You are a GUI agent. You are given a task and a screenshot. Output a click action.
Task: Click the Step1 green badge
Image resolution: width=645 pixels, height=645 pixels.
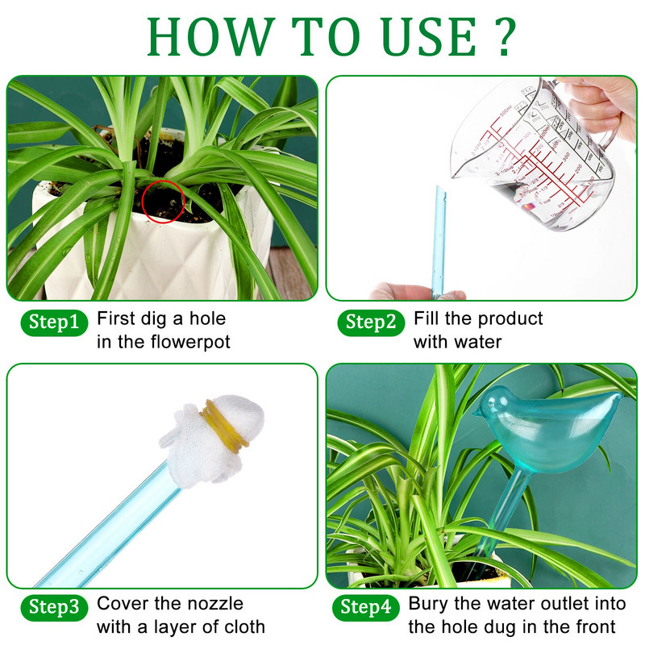click(54, 322)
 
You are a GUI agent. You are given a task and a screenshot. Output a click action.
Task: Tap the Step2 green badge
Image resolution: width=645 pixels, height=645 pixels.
click(371, 322)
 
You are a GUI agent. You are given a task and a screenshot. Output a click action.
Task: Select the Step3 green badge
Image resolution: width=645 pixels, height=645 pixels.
click(54, 608)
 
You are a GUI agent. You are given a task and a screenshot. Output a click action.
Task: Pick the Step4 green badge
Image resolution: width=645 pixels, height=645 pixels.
click(366, 608)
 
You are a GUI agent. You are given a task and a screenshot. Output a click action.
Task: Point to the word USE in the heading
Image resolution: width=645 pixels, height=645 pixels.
click(429, 36)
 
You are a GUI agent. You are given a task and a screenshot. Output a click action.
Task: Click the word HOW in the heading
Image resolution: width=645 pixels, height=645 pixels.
click(211, 36)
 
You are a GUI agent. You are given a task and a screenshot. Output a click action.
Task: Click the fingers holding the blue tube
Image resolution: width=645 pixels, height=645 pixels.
click(417, 291)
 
